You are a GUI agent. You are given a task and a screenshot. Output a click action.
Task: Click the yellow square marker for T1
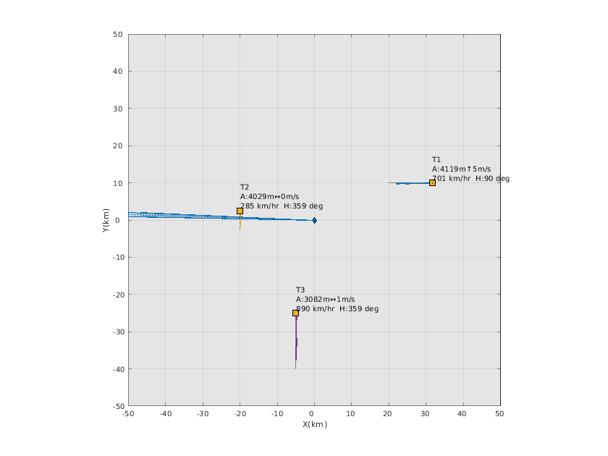pos(432,182)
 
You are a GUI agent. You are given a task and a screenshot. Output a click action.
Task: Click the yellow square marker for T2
pos(240,211)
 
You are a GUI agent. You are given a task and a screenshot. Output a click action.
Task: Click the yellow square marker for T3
pos(295,313)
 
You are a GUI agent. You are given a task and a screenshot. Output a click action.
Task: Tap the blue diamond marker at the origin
pos(314,220)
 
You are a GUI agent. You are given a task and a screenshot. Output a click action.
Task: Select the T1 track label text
pos(436,159)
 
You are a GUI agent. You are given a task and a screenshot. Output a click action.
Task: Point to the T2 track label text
pos(245,187)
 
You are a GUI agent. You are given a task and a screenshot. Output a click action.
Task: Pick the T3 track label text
pos(300,290)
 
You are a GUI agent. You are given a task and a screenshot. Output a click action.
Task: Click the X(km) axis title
pos(314,424)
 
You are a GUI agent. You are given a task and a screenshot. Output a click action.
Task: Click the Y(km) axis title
pos(106,219)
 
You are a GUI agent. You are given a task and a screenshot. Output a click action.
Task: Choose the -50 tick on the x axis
pos(128,413)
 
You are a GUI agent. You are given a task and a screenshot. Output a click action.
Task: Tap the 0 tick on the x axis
pos(314,413)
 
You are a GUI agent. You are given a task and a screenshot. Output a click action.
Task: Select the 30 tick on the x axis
pos(426,413)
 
